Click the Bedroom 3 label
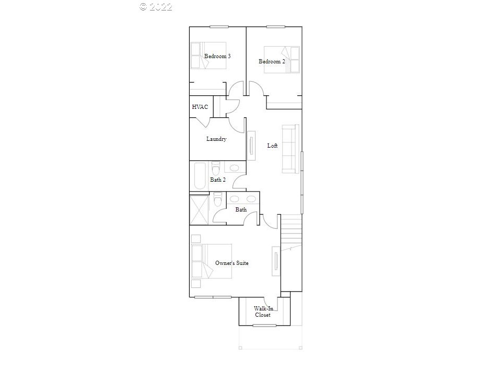click(x=217, y=56)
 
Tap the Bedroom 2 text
click(x=272, y=61)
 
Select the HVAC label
click(x=200, y=107)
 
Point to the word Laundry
click(x=216, y=139)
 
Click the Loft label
click(x=272, y=146)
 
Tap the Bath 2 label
click(x=218, y=180)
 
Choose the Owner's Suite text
click(x=231, y=263)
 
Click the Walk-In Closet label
click(x=263, y=312)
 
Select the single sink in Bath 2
click(x=234, y=168)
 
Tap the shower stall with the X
click(x=199, y=209)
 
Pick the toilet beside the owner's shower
click(x=218, y=199)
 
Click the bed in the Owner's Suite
click(x=211, y=260)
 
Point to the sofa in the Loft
click(x=291, y=148)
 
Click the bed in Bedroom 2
click(x=282, y=59)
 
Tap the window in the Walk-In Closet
click(x=264, y=326)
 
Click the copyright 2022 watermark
click(x=156, y=7)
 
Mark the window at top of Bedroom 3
click(x=219, y=27)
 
